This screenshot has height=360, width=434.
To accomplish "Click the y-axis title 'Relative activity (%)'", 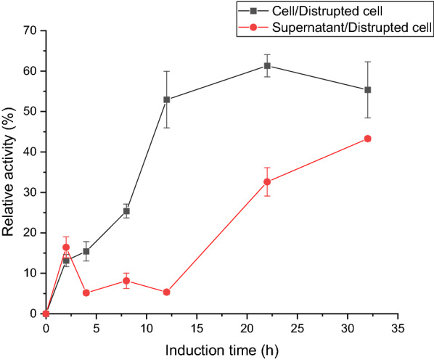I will [10, 172].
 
